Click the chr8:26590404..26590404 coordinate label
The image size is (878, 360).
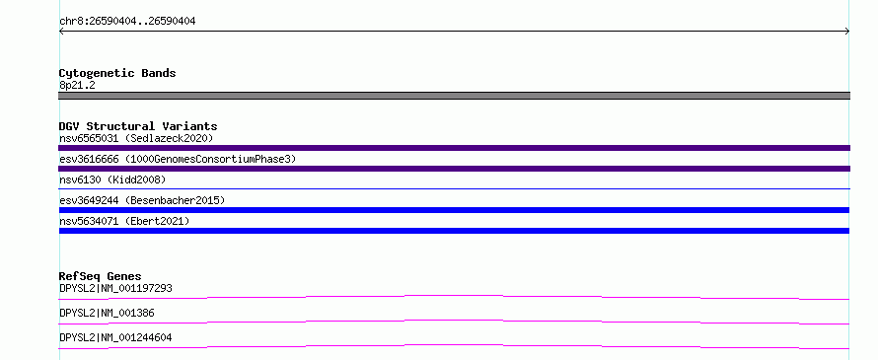tap(127, 22)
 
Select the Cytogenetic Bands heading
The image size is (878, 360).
tap(117, 73)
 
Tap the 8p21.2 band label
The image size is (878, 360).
tap(77, 85)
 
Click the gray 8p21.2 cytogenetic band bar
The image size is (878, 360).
tap(454, 96)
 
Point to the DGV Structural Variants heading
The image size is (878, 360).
tap(138, 126)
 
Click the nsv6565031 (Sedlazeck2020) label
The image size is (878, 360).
tap(136, 138)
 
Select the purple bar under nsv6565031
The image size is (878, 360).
tap(454, 148)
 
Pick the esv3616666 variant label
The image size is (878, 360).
tap(178, 159)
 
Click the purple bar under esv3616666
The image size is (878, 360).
tap(454, 169)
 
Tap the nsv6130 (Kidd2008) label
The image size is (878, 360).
tap(112, 180)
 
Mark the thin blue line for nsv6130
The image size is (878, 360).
tap(454, 189)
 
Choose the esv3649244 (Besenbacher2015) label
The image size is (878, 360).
tap(142, 200)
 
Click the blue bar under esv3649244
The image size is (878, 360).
tap(454, 210)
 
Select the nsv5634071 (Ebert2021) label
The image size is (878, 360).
tap(124, 221)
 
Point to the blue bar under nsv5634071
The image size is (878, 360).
tap(454, 231)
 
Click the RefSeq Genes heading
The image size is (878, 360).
tap(101, 276)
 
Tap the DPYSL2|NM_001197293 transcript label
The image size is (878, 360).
tap(115, 289)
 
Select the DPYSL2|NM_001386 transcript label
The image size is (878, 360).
tap(107, 314)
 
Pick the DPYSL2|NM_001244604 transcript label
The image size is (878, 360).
tap(115, 338)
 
